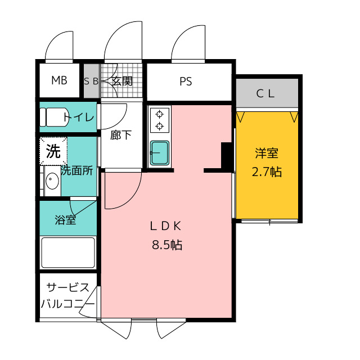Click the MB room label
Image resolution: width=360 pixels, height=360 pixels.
(59, 80)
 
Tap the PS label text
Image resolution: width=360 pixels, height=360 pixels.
(186, 81)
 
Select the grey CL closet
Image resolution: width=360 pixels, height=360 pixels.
(267, 93)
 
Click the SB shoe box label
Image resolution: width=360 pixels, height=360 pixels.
(91, 81)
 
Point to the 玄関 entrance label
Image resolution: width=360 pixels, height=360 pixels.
(122, 81)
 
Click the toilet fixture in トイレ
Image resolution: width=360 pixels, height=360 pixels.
(54, 117)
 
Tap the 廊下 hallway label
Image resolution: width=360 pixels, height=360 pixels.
(121, 135)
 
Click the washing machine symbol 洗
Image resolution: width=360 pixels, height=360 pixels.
(53, 151)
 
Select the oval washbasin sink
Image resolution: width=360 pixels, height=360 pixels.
(52, 181)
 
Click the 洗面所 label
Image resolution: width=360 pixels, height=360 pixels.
(76, 170)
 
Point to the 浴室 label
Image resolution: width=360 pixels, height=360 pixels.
(65, 220)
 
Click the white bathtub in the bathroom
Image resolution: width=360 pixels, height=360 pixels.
(68, 253)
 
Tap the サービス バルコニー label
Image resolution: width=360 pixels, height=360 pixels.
(68, 296)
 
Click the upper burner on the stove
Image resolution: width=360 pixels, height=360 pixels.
(159, 114)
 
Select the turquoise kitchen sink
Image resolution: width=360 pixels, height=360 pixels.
(160, 153)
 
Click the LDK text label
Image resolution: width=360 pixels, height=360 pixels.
(165, 226)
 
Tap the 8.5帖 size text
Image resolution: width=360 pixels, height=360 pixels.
(167, 245)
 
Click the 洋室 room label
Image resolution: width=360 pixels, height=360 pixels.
(267, 153)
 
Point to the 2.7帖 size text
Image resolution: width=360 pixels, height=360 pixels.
(267, 172)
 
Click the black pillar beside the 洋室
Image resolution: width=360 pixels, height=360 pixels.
(226, 156)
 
